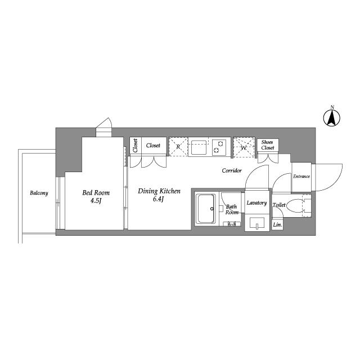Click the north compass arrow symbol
pyautogui.click(x=332, y=118)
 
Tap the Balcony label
pyautogui.click(x=39, y=193)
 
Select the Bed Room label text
pyautogui.click(x=96, y=192)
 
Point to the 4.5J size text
pyautogui.click(x=96, y=201)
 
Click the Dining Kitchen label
pyautogui.click(x=159, y=191)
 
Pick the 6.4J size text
pyautogui.click(x=158, y=199)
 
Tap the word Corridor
pyautogui.click(x=232, y=170)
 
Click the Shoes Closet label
pyautogui.click(x=268, y=145)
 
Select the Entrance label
pyautogui.click(x=301, y=176)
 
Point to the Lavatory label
pyautogui.click(x=256, y=203)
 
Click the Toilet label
pyautogui.click(x=279, y=205)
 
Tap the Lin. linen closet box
pyautogui.click(x=277, y=225)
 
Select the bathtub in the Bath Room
pyautogui.click(x=206, y=209)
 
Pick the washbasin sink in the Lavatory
pyautogui.click(x=257, y=223)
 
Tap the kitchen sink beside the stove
pyautogui.click(x=199, y=147)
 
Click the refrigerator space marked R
pyautogui.click(x=178, y=147)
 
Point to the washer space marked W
pyautogui.click(x=244, y=147)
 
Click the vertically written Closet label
pyautogui.click(x=135, y=146)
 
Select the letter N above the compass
pyautogui.click(x=332, y=107)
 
